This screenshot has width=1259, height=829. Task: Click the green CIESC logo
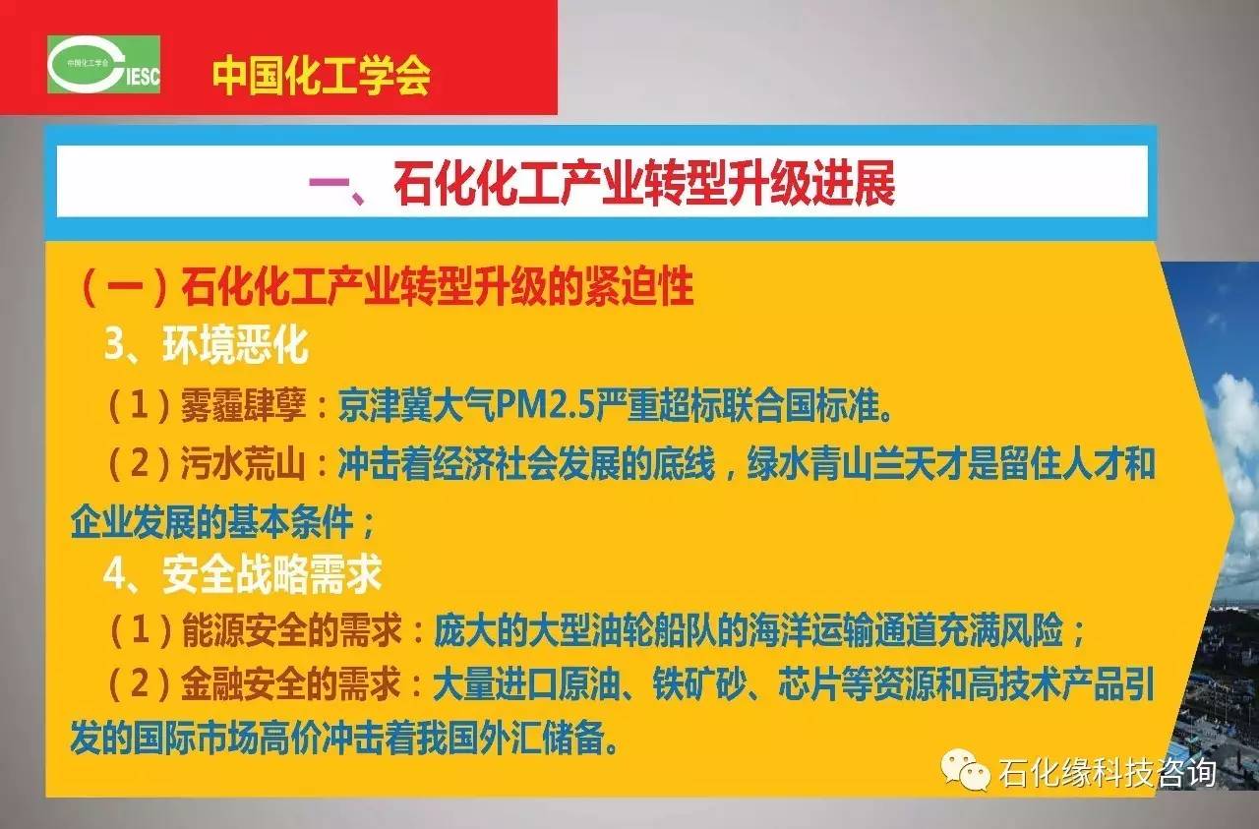point(104,65)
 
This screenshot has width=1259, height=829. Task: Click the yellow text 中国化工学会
point(322,76)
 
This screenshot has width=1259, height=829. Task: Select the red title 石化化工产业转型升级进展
point(643,183)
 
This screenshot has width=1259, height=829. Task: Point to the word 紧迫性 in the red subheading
point(638,285)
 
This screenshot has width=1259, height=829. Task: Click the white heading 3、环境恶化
point(207,344)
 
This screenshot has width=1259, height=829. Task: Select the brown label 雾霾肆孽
point(243,405)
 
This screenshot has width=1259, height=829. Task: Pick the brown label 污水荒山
point(243,464)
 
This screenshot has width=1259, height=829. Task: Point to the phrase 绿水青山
point(809,464)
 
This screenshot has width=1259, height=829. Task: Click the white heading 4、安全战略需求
point(243,574)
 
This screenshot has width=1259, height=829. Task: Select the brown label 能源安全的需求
point(292,630)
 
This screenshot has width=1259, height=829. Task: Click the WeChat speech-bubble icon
point(966,771)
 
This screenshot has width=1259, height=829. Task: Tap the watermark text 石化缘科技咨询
point(1108,772)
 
